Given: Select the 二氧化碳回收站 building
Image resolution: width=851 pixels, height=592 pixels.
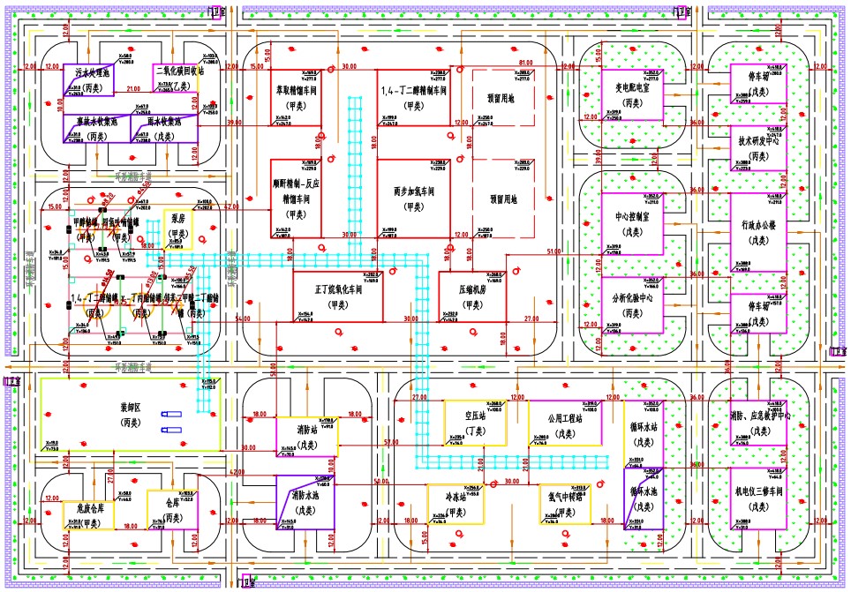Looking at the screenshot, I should pos(179,76).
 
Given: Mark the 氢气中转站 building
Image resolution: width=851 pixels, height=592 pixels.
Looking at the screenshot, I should pos(563,504).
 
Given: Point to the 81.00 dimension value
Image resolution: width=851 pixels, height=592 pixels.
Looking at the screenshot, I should pos(527,63).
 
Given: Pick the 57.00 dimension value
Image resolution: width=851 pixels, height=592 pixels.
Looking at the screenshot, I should pos(391,441).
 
